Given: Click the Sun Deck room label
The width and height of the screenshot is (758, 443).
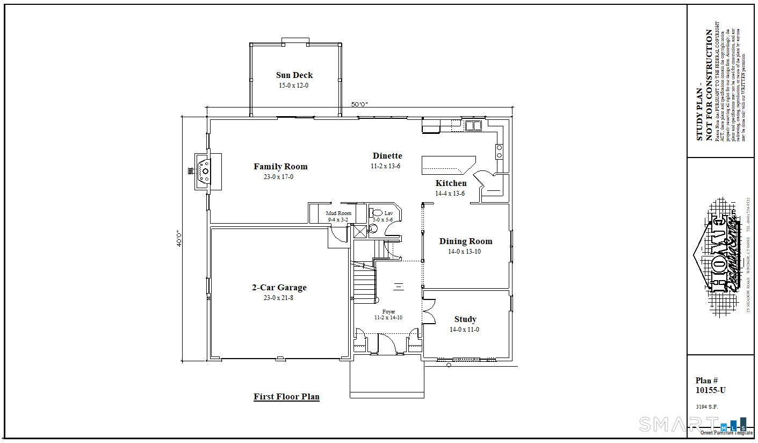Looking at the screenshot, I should click(x=294, y=75).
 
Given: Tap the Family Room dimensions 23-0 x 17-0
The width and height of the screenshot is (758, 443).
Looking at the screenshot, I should click(x=278, y=177).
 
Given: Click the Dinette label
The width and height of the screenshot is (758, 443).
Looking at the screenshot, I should click(x=387, y=156).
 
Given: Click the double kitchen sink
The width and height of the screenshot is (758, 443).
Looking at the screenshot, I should click(x=473, y=126).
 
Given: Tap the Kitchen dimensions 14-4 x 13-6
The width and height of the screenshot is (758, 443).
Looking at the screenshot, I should click(x=450, y=194).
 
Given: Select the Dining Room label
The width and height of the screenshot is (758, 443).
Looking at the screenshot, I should click(x=465, y=241).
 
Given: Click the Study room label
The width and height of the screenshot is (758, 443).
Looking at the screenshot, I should click(x=465, y=319).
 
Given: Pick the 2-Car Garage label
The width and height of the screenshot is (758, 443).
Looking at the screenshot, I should click(x=279, y=288).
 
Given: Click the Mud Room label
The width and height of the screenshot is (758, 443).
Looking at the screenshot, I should click(x=338, y=213).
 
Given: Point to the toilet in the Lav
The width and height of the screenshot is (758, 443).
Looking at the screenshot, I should click(x=377, y=213).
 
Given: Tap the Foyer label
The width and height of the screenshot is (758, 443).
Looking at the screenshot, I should click(x=388, y=312).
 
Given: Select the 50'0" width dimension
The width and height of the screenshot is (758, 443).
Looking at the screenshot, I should click(x=360, y=104).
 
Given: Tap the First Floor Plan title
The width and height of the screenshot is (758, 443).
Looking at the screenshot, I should click(x=286, y=397).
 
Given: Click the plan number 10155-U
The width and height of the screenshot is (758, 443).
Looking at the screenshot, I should click(x=710, y=390).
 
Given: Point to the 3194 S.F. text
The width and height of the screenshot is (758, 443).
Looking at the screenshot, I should click(x=706, y=407).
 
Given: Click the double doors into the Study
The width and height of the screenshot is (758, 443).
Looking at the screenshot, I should click(x=428, y=311).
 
